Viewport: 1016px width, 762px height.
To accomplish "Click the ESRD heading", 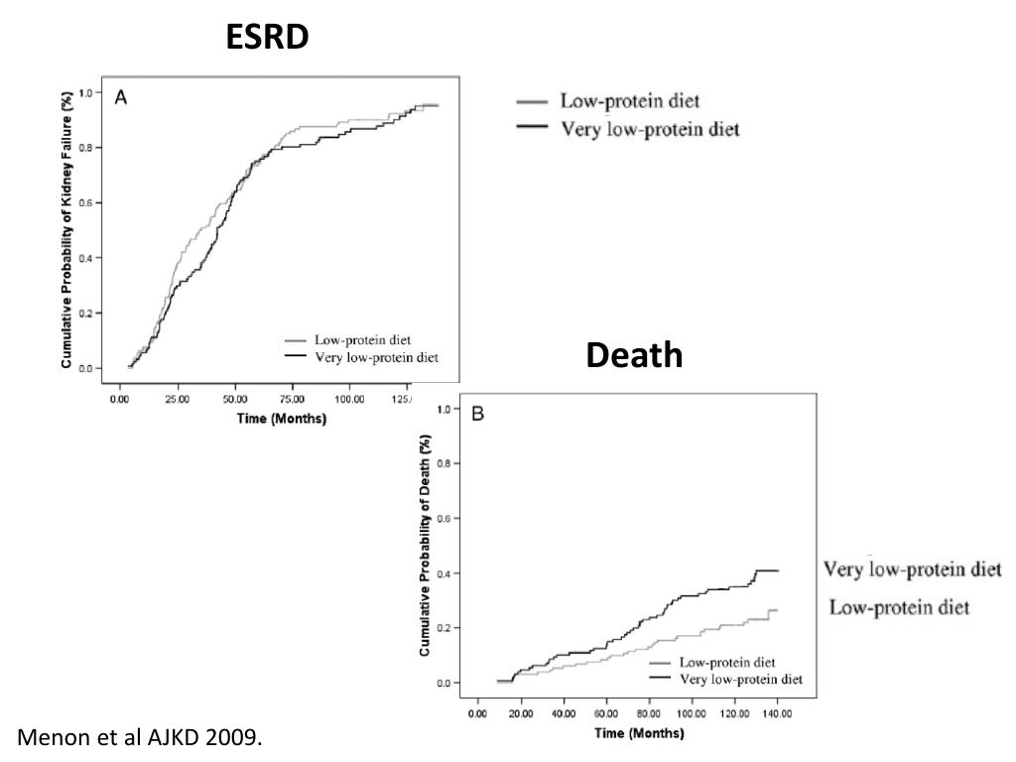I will click(267, 37).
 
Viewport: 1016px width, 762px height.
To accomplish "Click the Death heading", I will click(634, 354).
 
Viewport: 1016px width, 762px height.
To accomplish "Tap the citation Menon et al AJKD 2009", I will click(141, 737).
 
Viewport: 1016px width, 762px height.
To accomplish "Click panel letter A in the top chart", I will click(121, 97).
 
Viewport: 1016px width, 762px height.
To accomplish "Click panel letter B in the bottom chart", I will click(477, 414).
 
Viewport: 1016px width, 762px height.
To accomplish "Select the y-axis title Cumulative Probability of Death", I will click(425, 545).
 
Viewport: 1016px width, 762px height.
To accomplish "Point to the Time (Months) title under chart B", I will click(638, 734).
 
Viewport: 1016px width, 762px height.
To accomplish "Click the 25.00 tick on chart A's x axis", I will click(177, 399).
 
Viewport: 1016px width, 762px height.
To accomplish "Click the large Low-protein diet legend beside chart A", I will click(629, 101).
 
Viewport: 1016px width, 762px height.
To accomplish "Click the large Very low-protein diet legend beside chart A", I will click(650, 129).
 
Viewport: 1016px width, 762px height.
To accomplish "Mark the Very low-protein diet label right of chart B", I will click(912, 570).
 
